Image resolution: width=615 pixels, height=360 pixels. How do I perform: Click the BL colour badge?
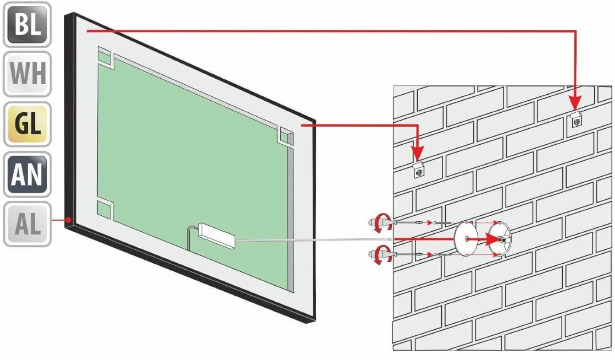[x=27, y=24]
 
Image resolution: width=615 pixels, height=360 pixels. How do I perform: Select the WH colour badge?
[x=27, y=74]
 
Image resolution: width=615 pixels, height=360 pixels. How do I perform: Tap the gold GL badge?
[x=28, y=124]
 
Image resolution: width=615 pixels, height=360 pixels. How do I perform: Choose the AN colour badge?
[x=27, y=174]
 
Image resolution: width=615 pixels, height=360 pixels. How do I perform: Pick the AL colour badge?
[x=27, y=224]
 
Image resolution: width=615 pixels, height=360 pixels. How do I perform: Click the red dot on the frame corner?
[x=69, y=220]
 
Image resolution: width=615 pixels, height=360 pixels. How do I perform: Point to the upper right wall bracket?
[x=577, y=120]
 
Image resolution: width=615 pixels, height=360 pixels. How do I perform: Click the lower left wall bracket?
[x=419, y=170]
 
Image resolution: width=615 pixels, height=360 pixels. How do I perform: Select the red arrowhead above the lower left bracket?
[x=418, y=153]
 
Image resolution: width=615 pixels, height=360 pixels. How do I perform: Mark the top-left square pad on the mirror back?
[x=104, y=57]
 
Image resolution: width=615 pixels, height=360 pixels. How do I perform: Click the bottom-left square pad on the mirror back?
[x=104, y=210]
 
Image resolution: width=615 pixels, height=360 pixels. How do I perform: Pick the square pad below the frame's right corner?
[x=287, y=137]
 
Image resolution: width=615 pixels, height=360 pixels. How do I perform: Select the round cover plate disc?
[x=466, y=239]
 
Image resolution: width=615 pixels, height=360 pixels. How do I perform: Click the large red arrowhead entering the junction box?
[x=493, y=239]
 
